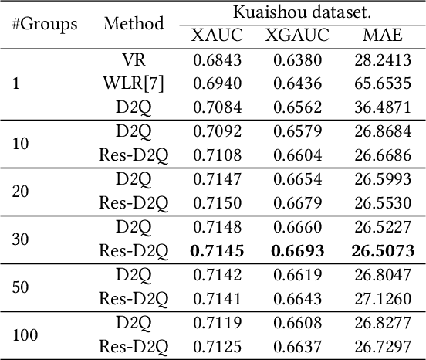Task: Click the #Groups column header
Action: [x=45, y=24]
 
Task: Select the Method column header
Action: [x=134, y=24]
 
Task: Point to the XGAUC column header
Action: [x=297, y=35]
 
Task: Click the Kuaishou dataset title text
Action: [x=297, y=12]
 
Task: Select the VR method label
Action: [x=134, y=59]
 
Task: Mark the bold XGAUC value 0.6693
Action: [x=297, y=250]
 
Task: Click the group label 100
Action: [x=25, y=335]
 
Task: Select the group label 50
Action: [x=21, y=286]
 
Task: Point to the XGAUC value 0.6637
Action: [x=297, y=346]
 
